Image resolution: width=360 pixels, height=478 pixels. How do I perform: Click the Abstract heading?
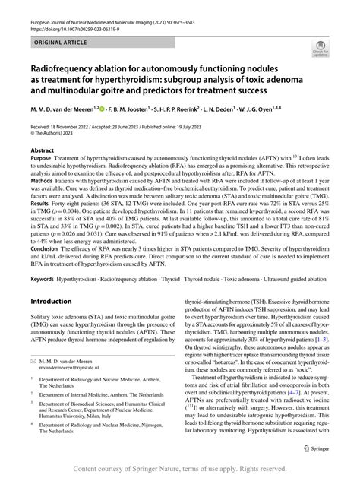click(x=42, y=150)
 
